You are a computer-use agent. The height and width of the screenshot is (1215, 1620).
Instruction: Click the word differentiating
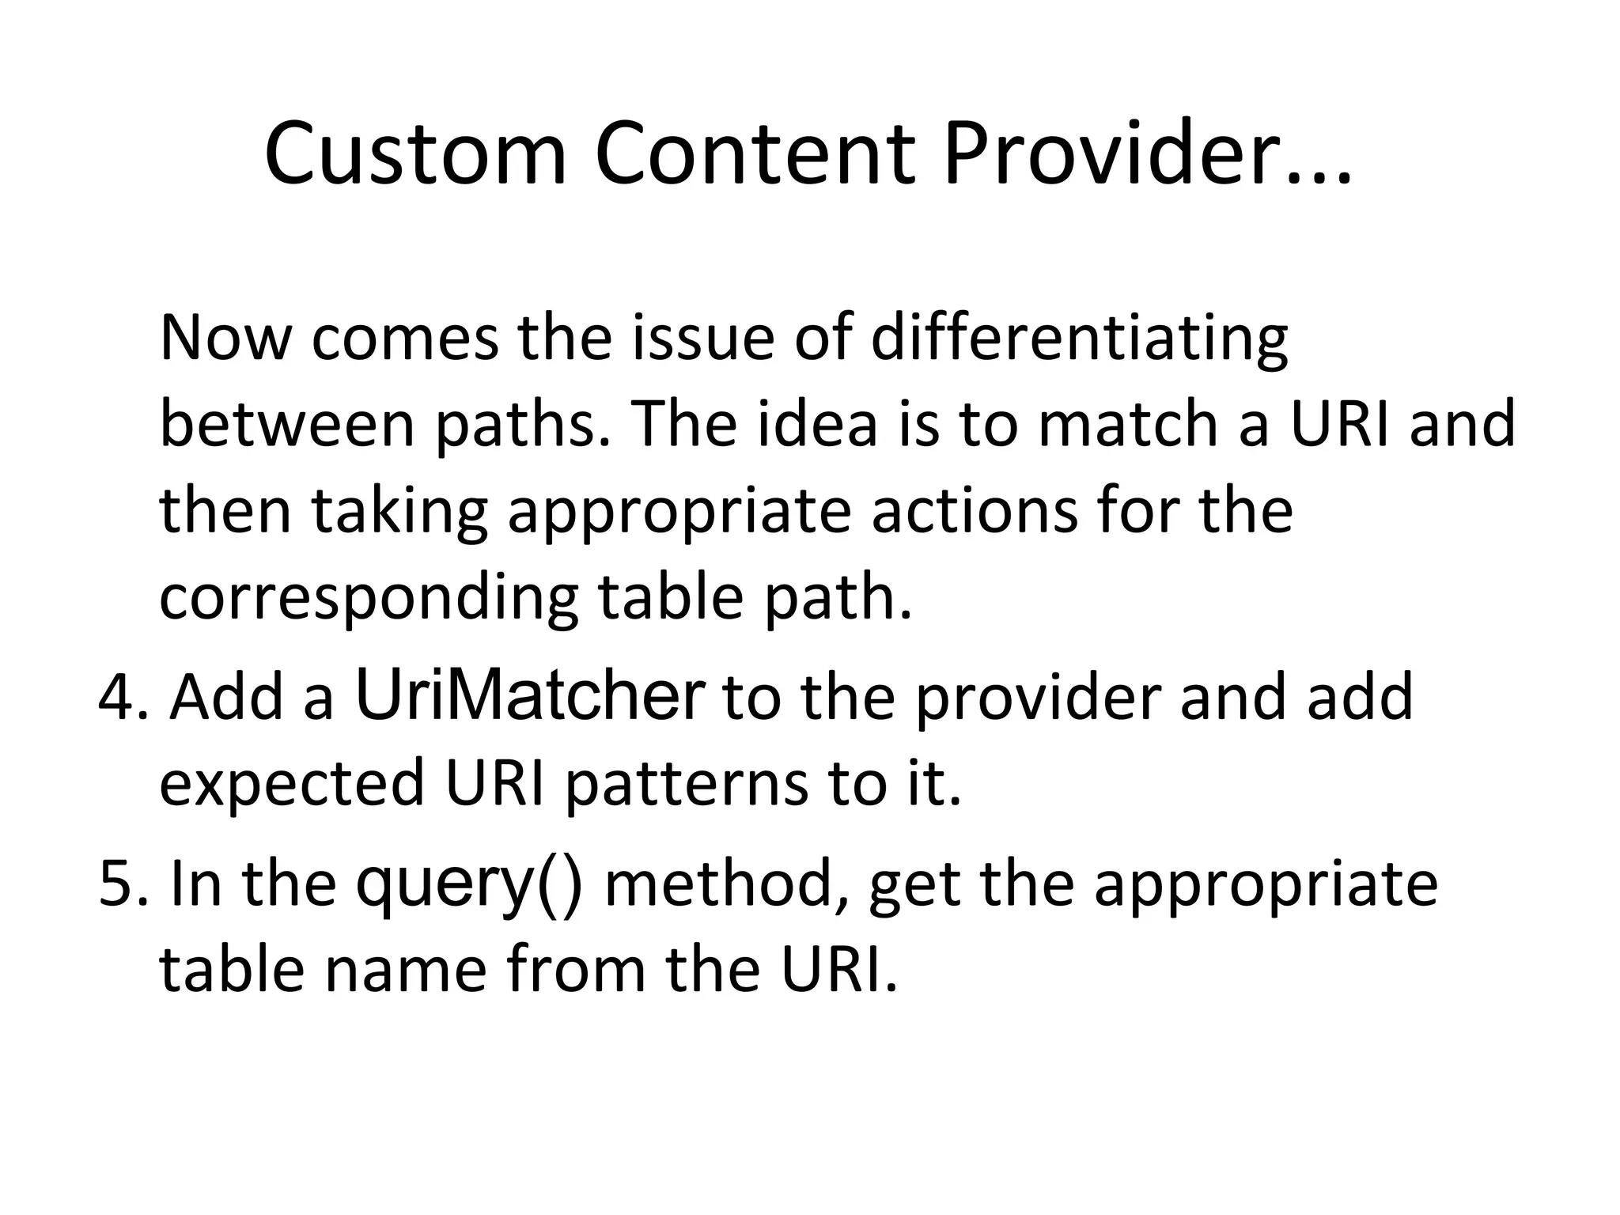click(x=1080, y=339)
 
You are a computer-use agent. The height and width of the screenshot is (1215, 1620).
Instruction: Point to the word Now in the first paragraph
click(x=226, y=339)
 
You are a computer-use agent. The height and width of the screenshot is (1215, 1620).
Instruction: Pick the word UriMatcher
click(x=530, y=696)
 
